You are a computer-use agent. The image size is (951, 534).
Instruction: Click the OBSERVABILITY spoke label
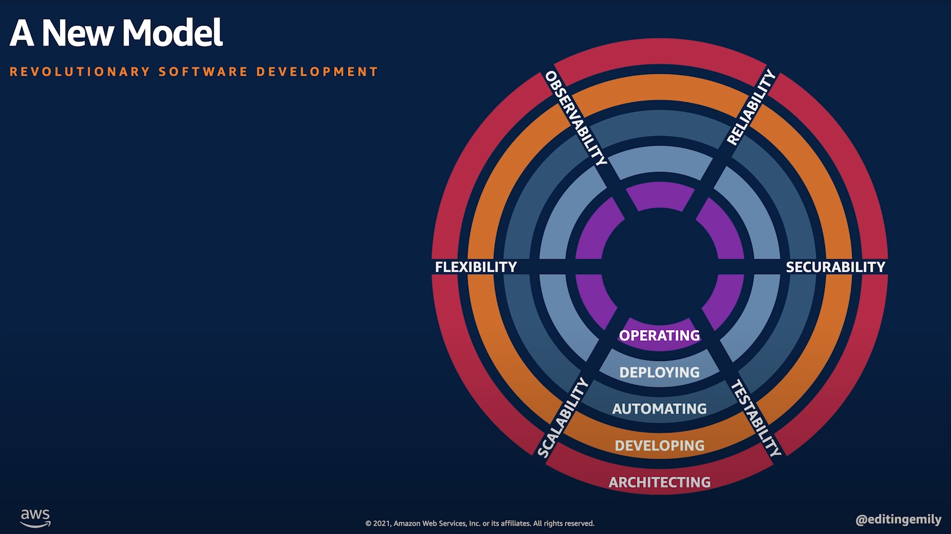[x=576, y=118]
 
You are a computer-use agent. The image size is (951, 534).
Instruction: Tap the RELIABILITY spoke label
[x=751, y=108]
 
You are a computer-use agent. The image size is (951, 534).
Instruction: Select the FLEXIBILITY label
[x=476, y=267]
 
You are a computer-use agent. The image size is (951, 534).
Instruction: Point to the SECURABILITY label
[x=835, y=267]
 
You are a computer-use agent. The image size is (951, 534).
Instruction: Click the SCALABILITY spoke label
[x=563, y=417]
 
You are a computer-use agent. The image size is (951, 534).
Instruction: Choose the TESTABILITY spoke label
[x=756, y=418]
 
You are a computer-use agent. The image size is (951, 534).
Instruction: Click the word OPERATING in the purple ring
[x=659, y=336]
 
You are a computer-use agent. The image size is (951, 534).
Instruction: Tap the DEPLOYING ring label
[x=659, y=372]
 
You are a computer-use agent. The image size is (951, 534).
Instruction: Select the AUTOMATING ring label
[x=659, y=408]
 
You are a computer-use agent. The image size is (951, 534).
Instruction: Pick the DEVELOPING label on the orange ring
[x=659, y=445]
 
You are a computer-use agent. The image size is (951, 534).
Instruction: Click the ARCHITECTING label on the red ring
[x=659, y=482]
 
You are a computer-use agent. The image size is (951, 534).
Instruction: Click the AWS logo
[x=35, y=518]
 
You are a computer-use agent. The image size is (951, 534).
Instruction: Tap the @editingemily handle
[x=898, y=520]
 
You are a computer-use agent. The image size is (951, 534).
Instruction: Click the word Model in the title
[x=173, y=33]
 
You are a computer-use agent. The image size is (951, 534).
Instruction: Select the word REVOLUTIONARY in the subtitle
[x=80, y=72]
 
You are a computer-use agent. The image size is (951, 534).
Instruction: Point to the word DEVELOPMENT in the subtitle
[x=317, y=72]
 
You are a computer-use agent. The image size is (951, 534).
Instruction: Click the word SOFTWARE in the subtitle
[x=203, y=72]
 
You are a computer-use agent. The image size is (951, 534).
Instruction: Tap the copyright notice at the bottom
[x=480, y=523]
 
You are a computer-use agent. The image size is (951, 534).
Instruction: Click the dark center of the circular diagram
[x=660, y=266]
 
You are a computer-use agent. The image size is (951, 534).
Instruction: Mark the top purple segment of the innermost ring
[x=660, y=196]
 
